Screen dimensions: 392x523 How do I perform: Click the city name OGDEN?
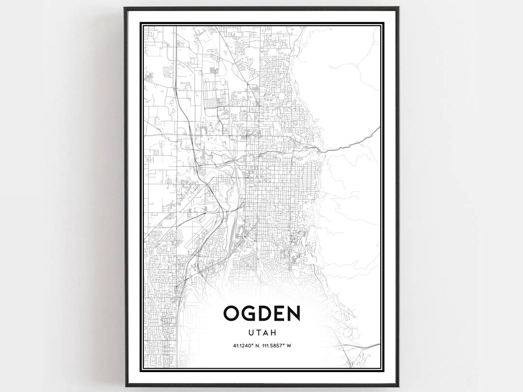click(x=261, y=314)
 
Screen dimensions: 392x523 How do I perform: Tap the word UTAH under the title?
click(x=261, y=333)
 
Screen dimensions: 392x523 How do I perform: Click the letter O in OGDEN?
click(x=231, y=314)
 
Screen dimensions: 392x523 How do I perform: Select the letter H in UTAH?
click(x=274, y=333)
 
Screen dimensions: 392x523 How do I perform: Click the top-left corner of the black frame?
click(x=125, y=8)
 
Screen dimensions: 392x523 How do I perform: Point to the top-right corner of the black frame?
click(x=398, y=8)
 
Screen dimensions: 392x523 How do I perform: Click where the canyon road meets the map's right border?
click(x=379, y=128)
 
